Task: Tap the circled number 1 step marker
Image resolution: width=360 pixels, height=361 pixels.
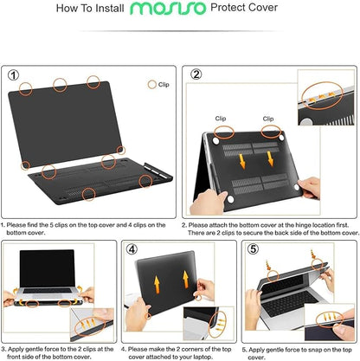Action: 13,75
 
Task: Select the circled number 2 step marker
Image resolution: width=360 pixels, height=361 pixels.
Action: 196,75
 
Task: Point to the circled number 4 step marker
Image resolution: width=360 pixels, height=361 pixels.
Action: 132,249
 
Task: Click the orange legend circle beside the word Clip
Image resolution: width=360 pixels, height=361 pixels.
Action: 152,85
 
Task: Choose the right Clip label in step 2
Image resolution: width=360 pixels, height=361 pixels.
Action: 268,118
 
